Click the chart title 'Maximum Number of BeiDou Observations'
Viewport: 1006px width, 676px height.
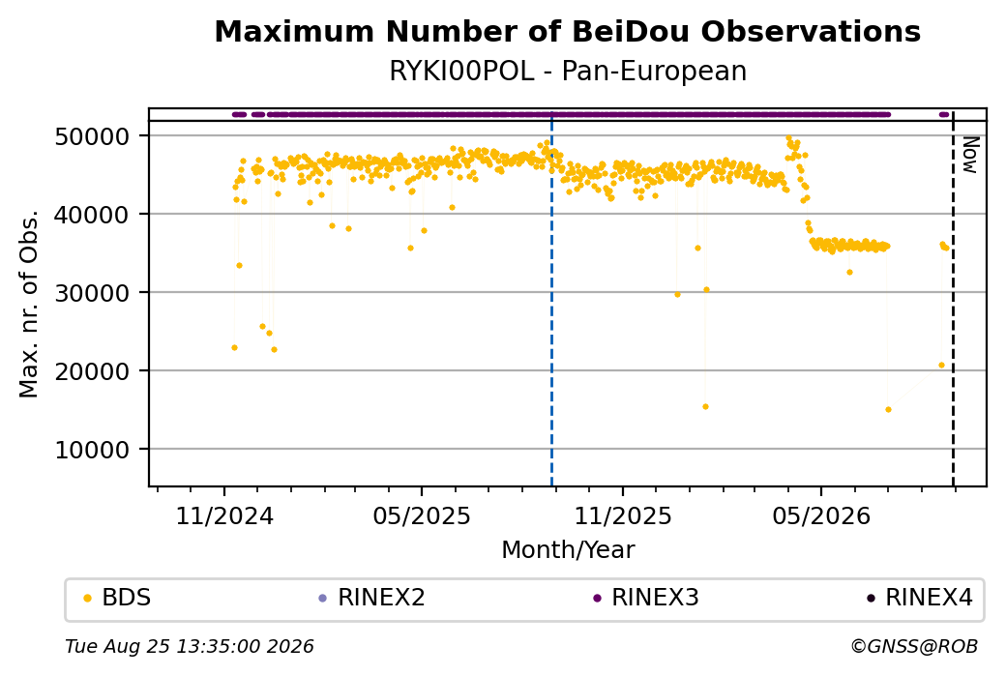(567, 31)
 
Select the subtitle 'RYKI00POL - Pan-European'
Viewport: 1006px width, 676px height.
(568, 71)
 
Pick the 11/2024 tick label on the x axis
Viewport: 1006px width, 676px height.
(224, 515)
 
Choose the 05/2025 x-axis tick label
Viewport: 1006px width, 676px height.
(422, 515)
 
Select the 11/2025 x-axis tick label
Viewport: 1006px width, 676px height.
(622, 515)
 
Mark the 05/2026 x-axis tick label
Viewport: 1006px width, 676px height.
(821, 515)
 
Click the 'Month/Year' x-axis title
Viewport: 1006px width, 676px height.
(568, 549)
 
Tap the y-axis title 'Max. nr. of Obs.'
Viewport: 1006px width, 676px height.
(29, 304)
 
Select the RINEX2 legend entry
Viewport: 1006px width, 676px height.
(372, 598)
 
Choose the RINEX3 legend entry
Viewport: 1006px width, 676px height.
(646, 598)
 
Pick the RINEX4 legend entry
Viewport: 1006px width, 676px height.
(920, 598)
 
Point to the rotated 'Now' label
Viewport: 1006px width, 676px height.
(970, 155)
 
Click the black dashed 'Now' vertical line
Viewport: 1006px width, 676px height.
(954, 298)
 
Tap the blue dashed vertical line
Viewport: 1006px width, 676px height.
(551, 298)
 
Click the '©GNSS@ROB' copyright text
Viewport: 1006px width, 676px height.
(914, 646)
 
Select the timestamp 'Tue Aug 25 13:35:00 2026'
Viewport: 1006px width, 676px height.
(190, 646)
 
